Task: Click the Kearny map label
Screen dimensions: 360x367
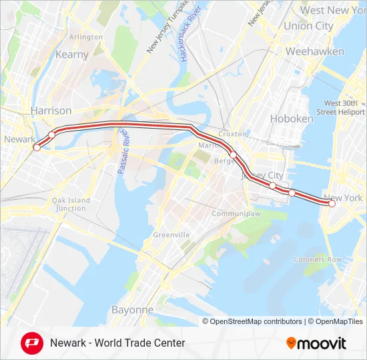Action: coord(73,55)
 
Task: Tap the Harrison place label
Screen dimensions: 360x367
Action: coord(51,110)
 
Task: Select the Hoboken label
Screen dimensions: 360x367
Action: coord(292,119)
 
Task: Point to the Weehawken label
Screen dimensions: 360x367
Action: coord(315,51)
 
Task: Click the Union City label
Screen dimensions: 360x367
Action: coord(308,26)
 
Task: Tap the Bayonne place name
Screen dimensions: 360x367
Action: coord(132,310)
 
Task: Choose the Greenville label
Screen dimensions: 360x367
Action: coord(171,235)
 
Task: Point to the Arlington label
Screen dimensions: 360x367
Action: coord(86,37)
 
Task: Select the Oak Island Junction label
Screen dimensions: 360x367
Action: coord(71,204)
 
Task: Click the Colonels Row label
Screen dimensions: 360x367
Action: coord(318,259)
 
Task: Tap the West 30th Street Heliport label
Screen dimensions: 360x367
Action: coord(344,107)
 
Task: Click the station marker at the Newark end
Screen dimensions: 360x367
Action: coord(37,147)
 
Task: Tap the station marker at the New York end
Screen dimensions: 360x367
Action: coord(332,205)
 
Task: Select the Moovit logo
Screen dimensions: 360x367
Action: coord(316,343)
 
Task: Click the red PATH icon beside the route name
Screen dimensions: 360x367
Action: coord(31,343)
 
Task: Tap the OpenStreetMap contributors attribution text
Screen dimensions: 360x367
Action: coord(256,321)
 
